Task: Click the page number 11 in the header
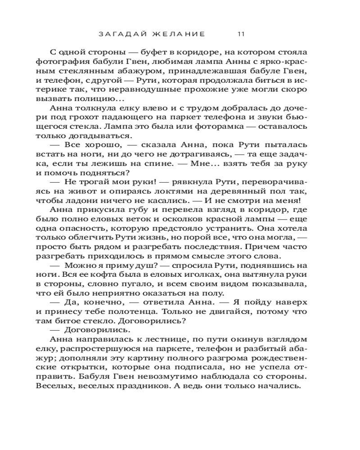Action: [x=241, y=33]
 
